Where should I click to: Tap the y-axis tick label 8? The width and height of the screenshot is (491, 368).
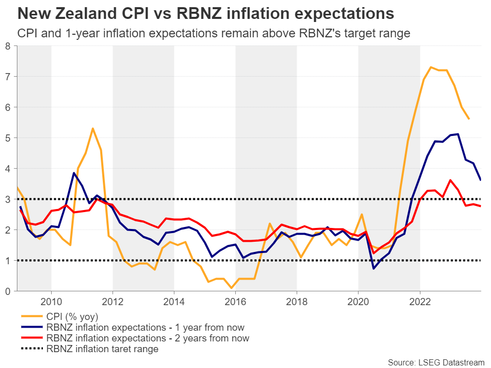coord(7,46)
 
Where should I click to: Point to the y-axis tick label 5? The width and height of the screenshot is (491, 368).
coord(7,138)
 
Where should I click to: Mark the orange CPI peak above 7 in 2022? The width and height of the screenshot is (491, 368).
coord(431,67)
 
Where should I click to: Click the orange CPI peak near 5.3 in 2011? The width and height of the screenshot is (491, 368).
coord(93,128)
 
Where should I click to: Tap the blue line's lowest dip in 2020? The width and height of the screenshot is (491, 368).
coord(373,268)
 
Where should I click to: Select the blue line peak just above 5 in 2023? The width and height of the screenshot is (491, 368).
coord(458,134)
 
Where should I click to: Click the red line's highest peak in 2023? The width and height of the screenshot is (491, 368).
coord(450,180)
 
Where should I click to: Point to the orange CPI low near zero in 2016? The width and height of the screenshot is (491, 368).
coord(231,288)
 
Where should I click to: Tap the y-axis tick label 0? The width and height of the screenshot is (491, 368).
coord(7,291)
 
